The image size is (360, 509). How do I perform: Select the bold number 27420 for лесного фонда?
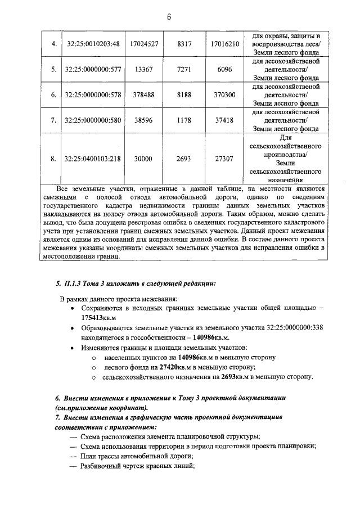coord(178,367)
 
